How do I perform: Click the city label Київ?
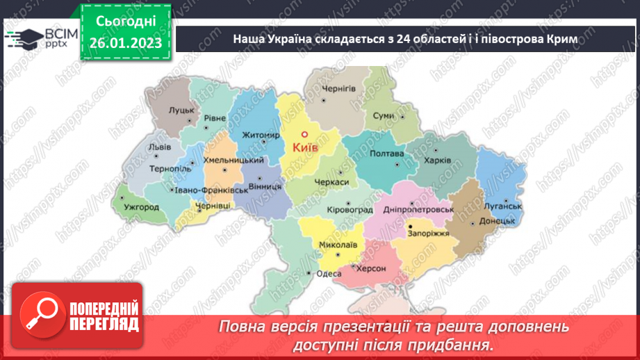[x=305, y=148]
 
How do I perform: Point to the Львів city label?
[x=161, y=147]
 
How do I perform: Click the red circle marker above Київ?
[x=303, y=136]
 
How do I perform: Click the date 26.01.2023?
[x=125, y=44]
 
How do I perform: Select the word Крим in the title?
[x=561, y=40]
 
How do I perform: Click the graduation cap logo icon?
[x=24, y=38]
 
